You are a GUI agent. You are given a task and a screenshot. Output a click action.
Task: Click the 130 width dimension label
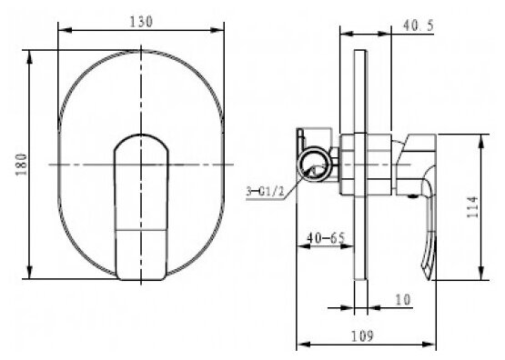[x=141, y=22]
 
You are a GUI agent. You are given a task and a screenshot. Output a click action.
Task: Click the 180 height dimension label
[x=21, y=165]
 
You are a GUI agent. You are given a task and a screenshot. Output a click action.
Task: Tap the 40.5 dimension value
[x=419, y=25]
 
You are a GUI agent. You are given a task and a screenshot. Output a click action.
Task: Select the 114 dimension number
[x=473, y=207]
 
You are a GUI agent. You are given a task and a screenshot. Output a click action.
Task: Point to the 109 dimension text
[x=361, y=336]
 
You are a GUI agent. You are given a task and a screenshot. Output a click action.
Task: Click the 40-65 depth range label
[x=326, y=238]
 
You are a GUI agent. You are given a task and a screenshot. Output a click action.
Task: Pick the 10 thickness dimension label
[x=402, y=299]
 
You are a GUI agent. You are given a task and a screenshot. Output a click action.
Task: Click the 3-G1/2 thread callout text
[x=266, y=192]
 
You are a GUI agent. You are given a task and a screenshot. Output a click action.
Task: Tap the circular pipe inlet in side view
[x=314, y=164]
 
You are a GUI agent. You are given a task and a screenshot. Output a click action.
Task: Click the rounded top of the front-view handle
[x=141, y=136]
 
